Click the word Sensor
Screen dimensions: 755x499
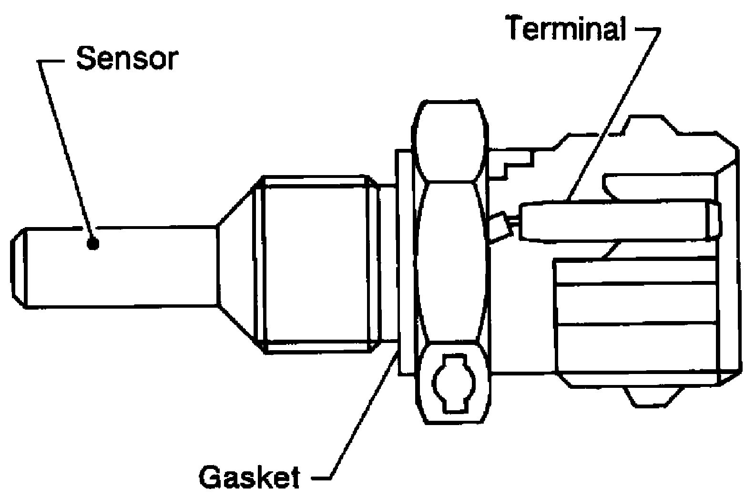127,59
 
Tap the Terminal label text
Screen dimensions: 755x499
567,28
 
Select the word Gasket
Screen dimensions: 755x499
249,477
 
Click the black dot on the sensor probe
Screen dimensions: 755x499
92,244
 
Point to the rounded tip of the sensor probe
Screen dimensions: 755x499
19,268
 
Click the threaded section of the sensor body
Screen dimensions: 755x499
315,264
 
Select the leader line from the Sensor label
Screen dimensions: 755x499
66,148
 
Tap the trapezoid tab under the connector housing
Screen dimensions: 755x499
651,396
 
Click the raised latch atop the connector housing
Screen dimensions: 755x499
645,125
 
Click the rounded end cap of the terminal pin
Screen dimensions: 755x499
714,220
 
